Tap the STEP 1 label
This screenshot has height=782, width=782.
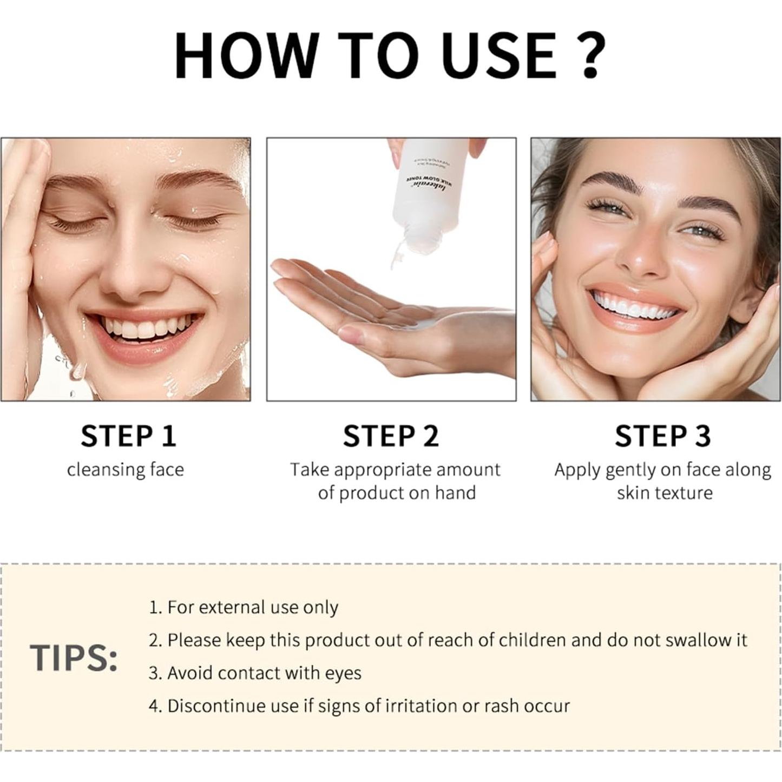(x=129, y=436)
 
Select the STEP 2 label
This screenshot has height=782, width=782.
(x=391, y=436)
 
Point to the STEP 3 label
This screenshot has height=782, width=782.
(x=662, y=436)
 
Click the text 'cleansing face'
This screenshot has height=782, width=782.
(x=126, y=470)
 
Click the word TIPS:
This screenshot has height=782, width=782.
(x=74, y=658)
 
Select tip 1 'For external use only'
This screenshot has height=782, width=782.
(x=244, y=607)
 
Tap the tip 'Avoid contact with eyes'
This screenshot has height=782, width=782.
(x=255, y=673)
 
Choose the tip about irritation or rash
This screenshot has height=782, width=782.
(x=359, y=706)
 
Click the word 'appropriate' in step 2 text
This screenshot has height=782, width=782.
(x=380, y=470)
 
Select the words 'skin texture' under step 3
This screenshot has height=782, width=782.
(x=665, y=493)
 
